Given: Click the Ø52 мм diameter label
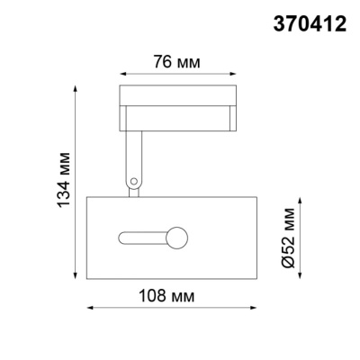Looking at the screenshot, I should [x=287, y=237].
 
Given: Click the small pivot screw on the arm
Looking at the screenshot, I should [x=134, y=182].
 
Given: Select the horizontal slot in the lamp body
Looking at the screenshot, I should [x=144, y=238].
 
